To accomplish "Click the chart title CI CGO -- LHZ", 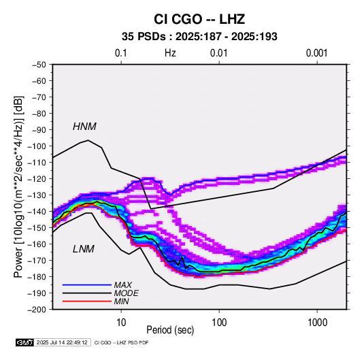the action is click(x=199, y=19).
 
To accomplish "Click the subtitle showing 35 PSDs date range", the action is click(x=199, y=37).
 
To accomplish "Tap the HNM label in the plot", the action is click(x=84, y=127).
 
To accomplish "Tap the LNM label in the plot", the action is click(x=84, y=249).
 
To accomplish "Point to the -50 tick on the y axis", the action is click(x=39, y=65).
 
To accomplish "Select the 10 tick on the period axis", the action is click(x=121, y=323).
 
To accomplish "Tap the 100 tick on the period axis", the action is click(x=219, y=323).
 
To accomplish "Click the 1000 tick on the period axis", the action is click(x=317, y=323).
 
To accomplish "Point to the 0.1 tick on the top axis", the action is click(x=121, y=53).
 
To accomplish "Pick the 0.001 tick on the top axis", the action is click(x=317, y=53).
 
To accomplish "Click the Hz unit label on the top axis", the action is click(x=170, y=53).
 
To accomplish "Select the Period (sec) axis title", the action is click(x=170, y=330).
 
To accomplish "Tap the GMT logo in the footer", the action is click(x=24, y=342).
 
